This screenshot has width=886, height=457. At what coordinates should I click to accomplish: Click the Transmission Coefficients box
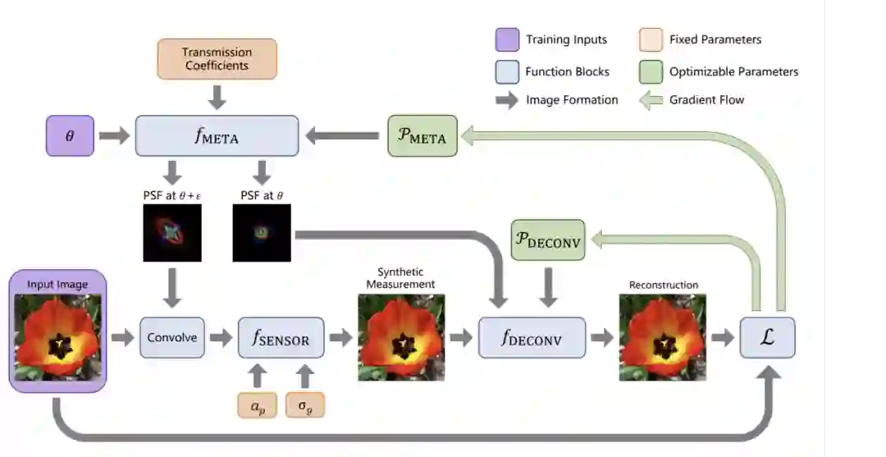coord(217,59)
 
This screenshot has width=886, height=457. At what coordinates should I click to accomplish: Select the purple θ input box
coord(70,135)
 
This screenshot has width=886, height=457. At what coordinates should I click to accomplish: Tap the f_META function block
coord(217,135)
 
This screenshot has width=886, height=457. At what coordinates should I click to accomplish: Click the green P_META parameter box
coord(422,135)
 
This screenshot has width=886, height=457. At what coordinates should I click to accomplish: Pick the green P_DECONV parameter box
coord(547,240)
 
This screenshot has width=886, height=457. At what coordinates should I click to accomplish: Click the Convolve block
coord(171,337)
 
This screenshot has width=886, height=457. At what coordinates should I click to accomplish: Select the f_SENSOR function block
coord(281,337)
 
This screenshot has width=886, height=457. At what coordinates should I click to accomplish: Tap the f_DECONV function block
coord(532,337)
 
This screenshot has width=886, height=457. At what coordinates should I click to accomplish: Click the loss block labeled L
coord(767,337)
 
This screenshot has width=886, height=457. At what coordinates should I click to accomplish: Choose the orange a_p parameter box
coord(258,405)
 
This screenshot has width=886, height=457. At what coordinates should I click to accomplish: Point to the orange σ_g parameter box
coord(304,405)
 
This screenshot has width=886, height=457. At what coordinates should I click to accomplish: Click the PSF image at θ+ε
coord(172,233)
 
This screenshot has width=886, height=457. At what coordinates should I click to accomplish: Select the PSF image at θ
coord(262,233)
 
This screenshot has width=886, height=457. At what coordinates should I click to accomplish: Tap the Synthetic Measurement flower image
coord(401,337)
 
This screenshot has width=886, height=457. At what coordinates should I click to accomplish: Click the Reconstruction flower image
coord(662,337)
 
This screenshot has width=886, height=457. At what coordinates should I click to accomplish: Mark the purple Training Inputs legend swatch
coord(507,39)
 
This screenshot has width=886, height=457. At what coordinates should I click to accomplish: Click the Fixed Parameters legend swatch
coord(650,39)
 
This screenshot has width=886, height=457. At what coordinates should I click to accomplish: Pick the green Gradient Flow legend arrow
coord(651,100)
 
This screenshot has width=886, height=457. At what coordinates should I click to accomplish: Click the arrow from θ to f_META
coord(114,135)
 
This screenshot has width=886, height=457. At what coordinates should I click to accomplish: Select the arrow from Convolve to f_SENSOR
coord(221,337)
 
